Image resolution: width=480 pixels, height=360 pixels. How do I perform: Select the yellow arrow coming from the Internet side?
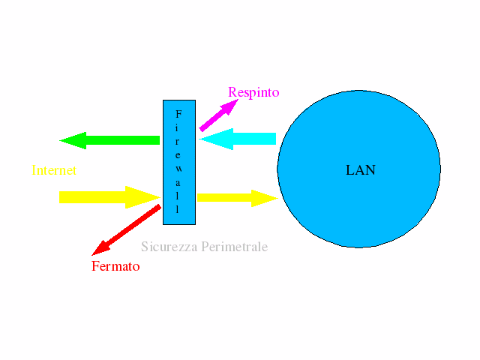pos(105,197)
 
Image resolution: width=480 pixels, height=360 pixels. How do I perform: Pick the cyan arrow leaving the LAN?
pos(240,139)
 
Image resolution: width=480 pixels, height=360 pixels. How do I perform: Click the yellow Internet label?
pos(54,170)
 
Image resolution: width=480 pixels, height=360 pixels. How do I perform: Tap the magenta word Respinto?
pos(253,93)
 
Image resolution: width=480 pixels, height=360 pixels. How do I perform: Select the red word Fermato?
pos(115,266)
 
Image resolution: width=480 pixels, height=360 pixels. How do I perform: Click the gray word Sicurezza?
pos(168,247)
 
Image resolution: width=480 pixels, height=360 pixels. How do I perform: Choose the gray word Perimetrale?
pos(233,247)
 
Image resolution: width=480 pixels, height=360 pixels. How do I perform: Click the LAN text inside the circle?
pos(361,170)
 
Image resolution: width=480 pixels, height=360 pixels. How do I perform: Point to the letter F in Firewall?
pos(178,114)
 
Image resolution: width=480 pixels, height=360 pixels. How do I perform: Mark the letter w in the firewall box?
pos(178,167)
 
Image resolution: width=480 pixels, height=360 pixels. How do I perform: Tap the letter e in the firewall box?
pos(178,154)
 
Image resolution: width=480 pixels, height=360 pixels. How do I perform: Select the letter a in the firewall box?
pos(178,181)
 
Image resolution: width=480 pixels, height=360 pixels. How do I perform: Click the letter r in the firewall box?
pos(178,141)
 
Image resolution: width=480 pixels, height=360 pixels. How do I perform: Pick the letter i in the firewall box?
pos(178,127)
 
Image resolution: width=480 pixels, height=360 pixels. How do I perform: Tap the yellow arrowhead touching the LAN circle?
pos(266,198)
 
